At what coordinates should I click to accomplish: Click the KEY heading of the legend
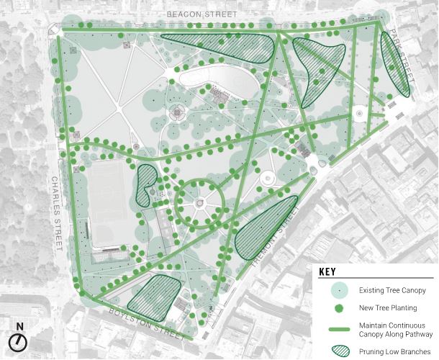tap(328, 274)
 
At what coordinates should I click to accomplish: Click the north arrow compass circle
tap(19, 341)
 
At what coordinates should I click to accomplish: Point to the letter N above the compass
tap(19, 326)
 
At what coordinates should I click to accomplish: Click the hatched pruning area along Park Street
tap(394, 65)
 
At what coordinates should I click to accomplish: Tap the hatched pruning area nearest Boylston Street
tap(153, 296)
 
